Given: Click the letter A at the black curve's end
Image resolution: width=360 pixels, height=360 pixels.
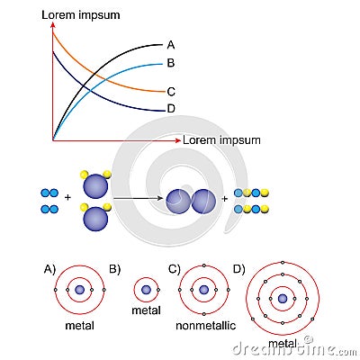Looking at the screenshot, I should click(x=171, y=44).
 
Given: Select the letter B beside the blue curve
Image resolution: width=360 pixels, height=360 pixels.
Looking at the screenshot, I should click(x=171, y=63).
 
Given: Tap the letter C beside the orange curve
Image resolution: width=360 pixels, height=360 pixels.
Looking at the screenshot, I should click(x=171, y=91).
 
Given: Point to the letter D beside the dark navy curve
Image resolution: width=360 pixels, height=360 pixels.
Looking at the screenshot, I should click(x=171, y=109).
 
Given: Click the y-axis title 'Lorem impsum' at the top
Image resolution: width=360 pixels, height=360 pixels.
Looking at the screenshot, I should click(x=82, y=16).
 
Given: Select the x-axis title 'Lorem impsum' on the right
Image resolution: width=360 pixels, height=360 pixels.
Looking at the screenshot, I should click(x=221, y=140).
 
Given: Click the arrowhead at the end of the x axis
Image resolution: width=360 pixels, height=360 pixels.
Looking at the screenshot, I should click(x=176, y=139).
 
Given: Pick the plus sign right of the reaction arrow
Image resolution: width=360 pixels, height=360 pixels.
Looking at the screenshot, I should click(x=225, y=201).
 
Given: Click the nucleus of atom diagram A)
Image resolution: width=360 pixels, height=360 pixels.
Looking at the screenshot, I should click(x=80, y=290).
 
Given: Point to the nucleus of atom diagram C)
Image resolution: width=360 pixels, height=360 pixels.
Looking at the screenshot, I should click(x=203, y=290).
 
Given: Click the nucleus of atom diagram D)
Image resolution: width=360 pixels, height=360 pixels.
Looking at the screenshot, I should click(x=283, y=298).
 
